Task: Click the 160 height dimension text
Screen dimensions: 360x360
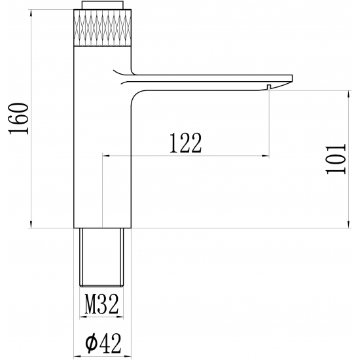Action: point(19,118)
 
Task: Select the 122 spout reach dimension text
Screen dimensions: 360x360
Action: point(185,143)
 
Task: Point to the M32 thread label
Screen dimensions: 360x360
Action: point(101,303)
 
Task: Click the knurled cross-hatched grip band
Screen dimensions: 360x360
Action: point(101,29)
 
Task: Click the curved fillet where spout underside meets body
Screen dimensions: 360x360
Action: point(135,94)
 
